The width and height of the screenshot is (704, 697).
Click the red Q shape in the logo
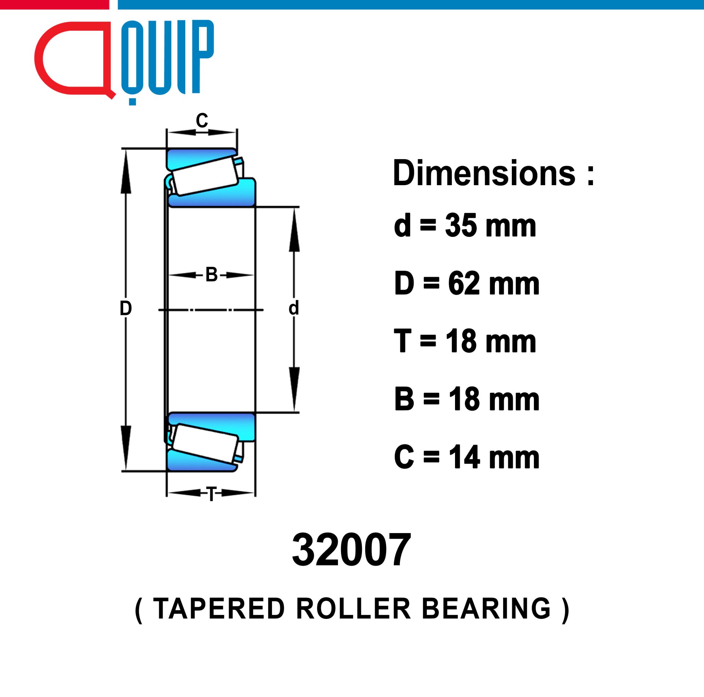coord(40,59)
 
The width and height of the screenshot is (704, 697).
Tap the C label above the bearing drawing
coord(202,120)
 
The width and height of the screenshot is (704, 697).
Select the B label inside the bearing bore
coord(212,275)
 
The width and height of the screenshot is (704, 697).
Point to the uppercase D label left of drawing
coord(126,308)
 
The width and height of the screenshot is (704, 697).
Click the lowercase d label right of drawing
coord(294,308)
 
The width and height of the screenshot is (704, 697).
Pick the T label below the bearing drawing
coord(212,494)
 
